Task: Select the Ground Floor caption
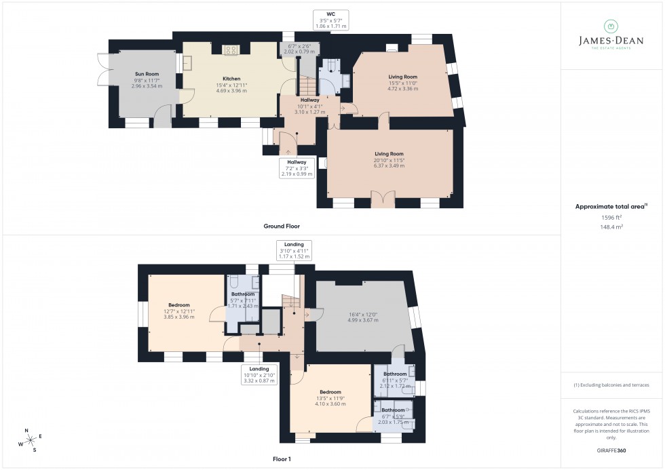click(x=282, y=226)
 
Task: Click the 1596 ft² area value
click(x=611, y=216)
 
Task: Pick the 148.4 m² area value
click(x=611, y=227)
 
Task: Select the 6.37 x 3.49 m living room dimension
click(x=389, y=165)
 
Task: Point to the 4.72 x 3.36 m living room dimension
click(x=402, y=88)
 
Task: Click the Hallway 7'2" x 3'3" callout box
click(x=297, y=168)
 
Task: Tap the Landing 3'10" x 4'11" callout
click(x=294, y=250)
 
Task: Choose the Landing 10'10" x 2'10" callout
click(x=259, y=374)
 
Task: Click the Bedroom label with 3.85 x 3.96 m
click(x=179, y=305)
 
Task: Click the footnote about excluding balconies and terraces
click(x=611, y=385)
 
